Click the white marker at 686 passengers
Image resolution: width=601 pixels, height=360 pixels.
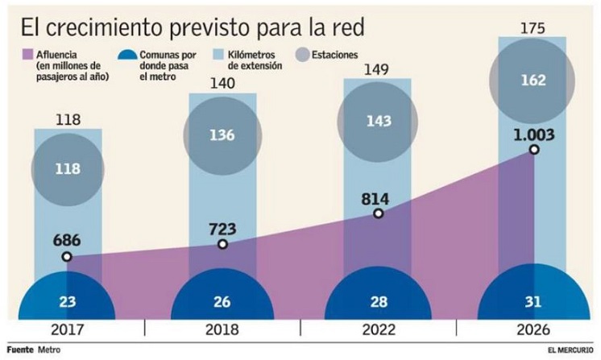(67, 257)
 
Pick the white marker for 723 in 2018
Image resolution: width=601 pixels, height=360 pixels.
(222, 244)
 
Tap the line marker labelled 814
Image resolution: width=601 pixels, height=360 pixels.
(378, 213)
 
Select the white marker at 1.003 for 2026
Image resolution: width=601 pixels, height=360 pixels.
(533, 150)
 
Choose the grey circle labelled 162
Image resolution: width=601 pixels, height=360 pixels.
(533, 81)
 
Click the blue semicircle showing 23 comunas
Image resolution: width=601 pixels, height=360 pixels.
(67, 301)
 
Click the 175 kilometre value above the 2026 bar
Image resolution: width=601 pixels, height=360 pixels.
(533, 29)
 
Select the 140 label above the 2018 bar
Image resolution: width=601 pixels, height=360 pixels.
(222, 83)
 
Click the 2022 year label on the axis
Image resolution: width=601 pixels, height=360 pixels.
(378, 330)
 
